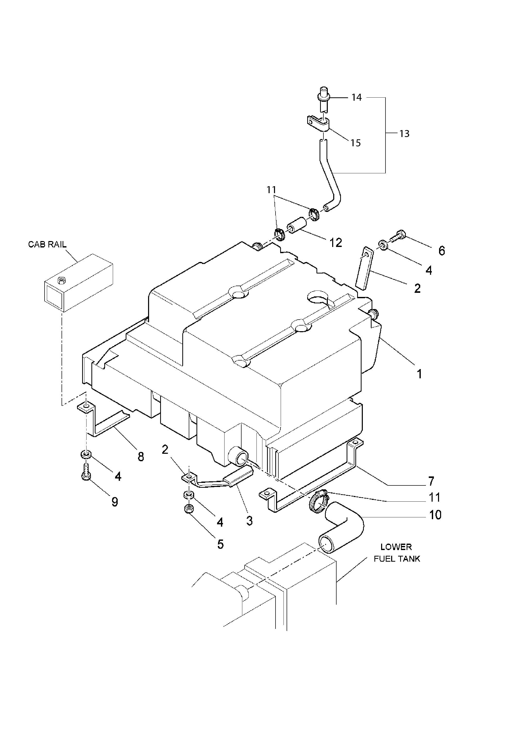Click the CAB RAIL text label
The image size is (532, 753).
coord(47,244)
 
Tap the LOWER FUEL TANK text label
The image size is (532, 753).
coord(397,553)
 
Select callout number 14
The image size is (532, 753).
coord(357,97)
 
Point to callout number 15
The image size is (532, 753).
coord(356,143)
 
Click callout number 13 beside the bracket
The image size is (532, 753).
coord(405,134)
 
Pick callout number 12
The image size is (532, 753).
coord(336,243)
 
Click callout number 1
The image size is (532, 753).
coord(419,374)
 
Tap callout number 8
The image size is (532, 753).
coord(141,457)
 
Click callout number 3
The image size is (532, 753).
coord(249,520)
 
